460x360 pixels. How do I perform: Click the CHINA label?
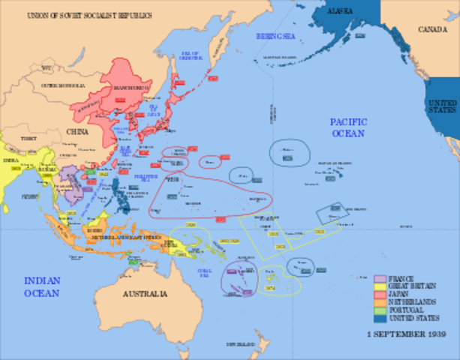(x=77, y=131)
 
